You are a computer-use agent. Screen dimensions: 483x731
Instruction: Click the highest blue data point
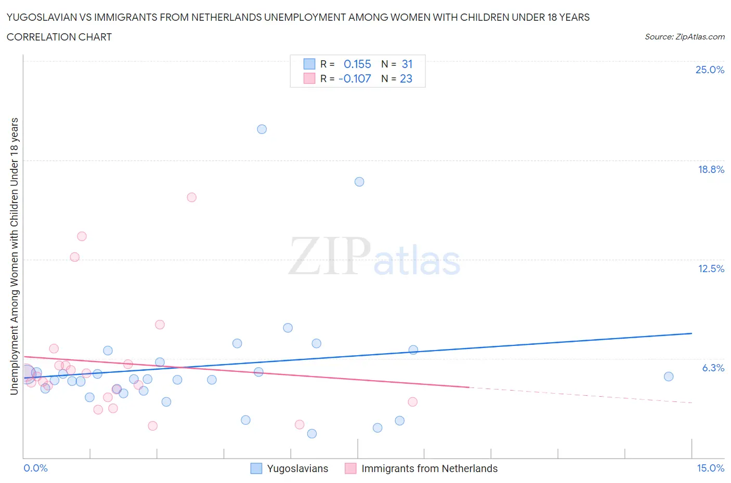pos(262,129)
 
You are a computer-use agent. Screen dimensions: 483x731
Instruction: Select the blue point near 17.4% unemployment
pos(359,182)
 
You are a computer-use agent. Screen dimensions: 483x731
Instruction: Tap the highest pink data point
pos(191,197)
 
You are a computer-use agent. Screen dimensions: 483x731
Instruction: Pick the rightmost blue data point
pos(669,377)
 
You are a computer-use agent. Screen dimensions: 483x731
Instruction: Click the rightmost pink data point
pos(413,401)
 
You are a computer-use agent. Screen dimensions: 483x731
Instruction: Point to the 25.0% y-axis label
pos(710,70)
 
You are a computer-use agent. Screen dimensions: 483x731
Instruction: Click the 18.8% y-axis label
pos(711,169)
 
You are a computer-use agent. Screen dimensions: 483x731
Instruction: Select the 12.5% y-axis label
pos(711,269)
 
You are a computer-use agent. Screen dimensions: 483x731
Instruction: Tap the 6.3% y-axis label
pos(713,368)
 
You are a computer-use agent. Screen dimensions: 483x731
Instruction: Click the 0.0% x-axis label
pos(35,468)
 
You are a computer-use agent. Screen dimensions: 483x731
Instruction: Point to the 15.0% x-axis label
pos(710,468)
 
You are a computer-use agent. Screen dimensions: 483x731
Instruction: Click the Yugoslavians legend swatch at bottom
pos(256,468)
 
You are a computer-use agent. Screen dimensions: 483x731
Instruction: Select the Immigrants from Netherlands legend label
pos(429,468)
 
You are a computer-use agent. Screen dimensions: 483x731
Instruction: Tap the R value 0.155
pos(357,64)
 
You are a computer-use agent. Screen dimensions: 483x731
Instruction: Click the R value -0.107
pos(355,78)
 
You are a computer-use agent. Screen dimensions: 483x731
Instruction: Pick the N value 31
pos(407,64)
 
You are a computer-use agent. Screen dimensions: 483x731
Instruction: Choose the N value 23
pos(406,78)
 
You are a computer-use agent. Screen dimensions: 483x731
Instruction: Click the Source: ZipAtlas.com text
pos(684,36)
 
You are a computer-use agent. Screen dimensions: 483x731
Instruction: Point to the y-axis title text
pos(15,256)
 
